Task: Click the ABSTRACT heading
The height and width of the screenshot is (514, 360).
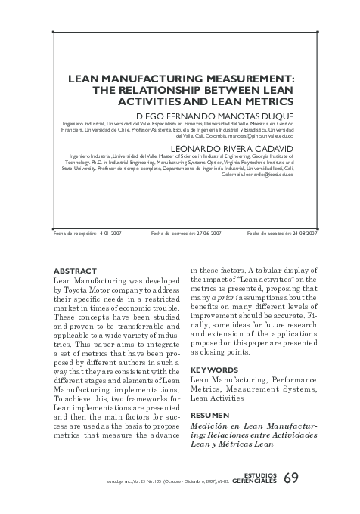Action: (76, 270)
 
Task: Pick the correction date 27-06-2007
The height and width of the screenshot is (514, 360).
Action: (206, 234)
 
